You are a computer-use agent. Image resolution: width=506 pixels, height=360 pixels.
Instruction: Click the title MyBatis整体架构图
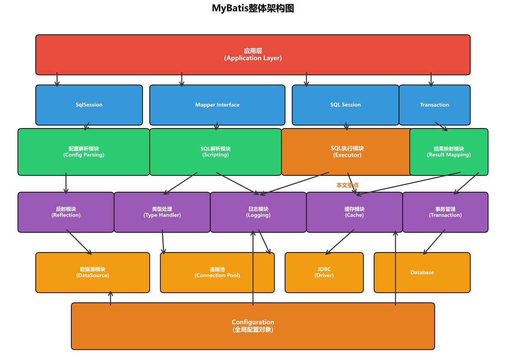pos(253,8)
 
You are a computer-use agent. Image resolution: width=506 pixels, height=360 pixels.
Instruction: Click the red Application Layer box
pos(253,54)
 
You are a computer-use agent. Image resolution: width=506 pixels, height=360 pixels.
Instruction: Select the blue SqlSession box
pos(89,105)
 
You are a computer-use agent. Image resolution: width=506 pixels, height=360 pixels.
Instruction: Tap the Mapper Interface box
pos(217,105)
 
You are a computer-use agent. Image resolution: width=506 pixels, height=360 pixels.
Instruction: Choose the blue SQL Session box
pos(345,105)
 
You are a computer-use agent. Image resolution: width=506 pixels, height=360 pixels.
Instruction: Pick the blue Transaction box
pos(434,105)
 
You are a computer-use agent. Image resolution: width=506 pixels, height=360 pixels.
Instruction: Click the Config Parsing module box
pos(83,152)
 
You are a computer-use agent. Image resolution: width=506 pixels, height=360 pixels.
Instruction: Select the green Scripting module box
pos(215,152)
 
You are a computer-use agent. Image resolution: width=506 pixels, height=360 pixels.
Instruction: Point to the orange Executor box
pos(347,152)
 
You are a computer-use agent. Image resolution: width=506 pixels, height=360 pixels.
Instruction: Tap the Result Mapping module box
pos(449,152)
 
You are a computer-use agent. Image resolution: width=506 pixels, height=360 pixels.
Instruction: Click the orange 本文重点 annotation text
pos(347,185)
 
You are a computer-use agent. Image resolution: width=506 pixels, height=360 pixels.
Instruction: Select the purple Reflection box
pos(66,212)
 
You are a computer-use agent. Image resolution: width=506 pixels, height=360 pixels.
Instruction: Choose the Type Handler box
pos(162,212)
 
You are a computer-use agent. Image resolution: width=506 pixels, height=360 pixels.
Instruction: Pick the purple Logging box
pos(258,212)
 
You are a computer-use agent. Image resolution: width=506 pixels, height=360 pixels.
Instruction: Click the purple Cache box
pos(354,212)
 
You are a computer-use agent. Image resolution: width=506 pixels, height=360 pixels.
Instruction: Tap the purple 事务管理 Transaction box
pos(445,212)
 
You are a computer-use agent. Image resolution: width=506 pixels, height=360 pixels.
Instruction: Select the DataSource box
pos(92,272)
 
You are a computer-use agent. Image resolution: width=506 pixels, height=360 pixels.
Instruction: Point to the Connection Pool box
pos(217,272)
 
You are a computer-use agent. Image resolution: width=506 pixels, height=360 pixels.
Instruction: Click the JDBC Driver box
pos(324,272)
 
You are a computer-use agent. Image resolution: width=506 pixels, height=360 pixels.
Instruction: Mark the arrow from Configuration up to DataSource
pos(110,298)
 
